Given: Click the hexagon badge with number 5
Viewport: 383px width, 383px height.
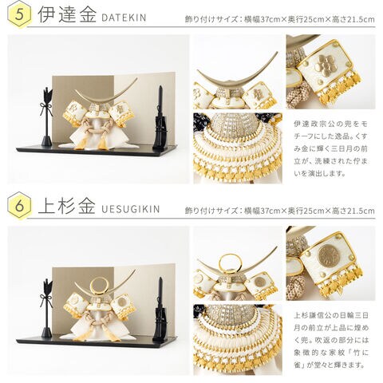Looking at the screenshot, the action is pyautogui.click(x=19, y=14).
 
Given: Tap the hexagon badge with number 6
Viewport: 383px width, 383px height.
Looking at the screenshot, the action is pyautogui.click(x=19, y=206).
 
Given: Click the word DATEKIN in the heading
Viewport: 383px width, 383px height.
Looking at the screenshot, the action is pyautogui.click(x=124, y=18).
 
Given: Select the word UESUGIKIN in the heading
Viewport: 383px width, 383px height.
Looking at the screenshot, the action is pyautogui.click(x=131, y=209).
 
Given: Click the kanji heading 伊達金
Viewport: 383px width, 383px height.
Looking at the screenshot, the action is pyautogui.click(x=67, y=15).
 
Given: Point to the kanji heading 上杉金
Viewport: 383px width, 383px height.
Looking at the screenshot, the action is pyautogui.click(x=67, y=207).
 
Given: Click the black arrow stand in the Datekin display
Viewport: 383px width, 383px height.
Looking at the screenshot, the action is pyautogui.click(x=47, y=116).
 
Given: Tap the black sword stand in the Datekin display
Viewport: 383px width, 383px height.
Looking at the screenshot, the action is pyautogui.click(x=160, y=118).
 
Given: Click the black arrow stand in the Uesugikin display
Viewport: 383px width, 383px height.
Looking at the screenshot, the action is pyautogui.click(x=47, y=308).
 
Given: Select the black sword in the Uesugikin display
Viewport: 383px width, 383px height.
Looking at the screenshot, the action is pyautogui.click(x=160, y=310).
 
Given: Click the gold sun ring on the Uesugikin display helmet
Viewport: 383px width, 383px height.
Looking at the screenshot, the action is pyautogui.click(x=99, y=286).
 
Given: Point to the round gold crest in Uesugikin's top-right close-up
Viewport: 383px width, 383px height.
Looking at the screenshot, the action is pyautogui.click(x=329, y=254).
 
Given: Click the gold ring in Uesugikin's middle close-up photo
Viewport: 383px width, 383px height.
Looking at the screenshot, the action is pyautogui.click(x=230, y=263).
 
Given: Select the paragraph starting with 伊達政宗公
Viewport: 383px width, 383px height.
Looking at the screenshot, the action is pyautogui.click(x=330, y=148).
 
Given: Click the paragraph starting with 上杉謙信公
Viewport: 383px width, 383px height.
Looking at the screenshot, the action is pyautogui.click(x=331, y=340).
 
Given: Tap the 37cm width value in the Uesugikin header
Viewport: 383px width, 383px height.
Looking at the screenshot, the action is pyautogui.click(x=270, y=211).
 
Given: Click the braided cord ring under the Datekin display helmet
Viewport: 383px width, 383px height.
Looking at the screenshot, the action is pyautogui.click(x=97, y=128).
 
